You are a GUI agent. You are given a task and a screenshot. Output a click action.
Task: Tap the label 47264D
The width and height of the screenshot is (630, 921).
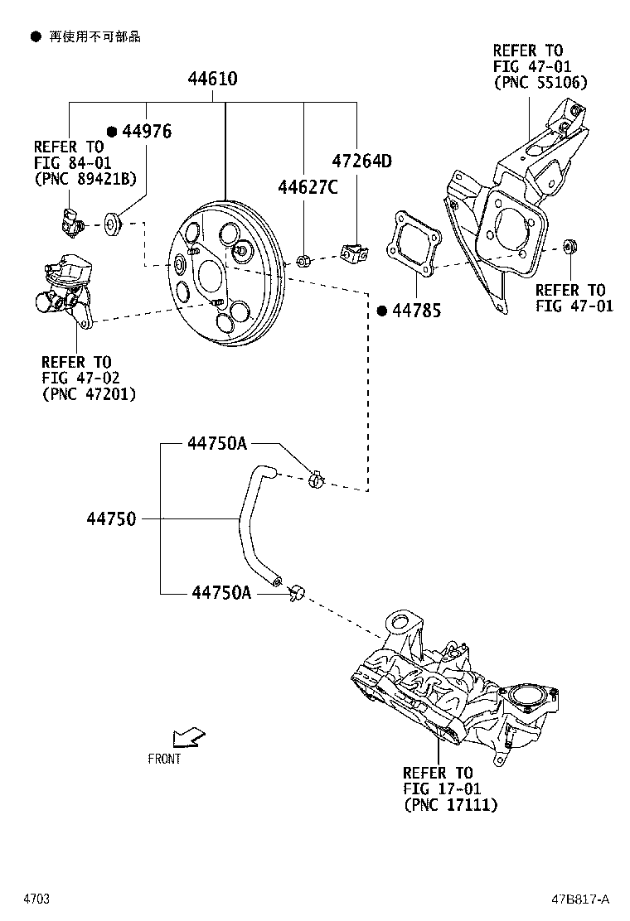click(x=361, y=161)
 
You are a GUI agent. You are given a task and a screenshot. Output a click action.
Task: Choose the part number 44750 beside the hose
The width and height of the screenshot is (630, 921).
click(x=111, y=519)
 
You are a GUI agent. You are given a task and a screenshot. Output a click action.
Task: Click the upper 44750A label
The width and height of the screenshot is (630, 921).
click(x=216, y=444)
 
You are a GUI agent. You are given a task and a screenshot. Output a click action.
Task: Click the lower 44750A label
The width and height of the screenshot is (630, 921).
click(x=221, y=592)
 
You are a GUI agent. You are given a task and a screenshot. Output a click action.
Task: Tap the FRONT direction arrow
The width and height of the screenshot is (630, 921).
click(x=190, y=736)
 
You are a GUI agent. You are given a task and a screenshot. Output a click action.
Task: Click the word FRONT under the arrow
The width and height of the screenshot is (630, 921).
click(x=164, y=759)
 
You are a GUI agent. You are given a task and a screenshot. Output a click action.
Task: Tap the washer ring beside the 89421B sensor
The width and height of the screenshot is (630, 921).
click(x=112, y=223)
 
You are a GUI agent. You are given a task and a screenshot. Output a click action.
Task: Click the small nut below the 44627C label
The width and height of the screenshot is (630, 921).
click(x=303, y=261)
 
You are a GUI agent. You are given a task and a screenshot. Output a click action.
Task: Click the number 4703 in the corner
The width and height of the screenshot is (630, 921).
click(x=36, y=899)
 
